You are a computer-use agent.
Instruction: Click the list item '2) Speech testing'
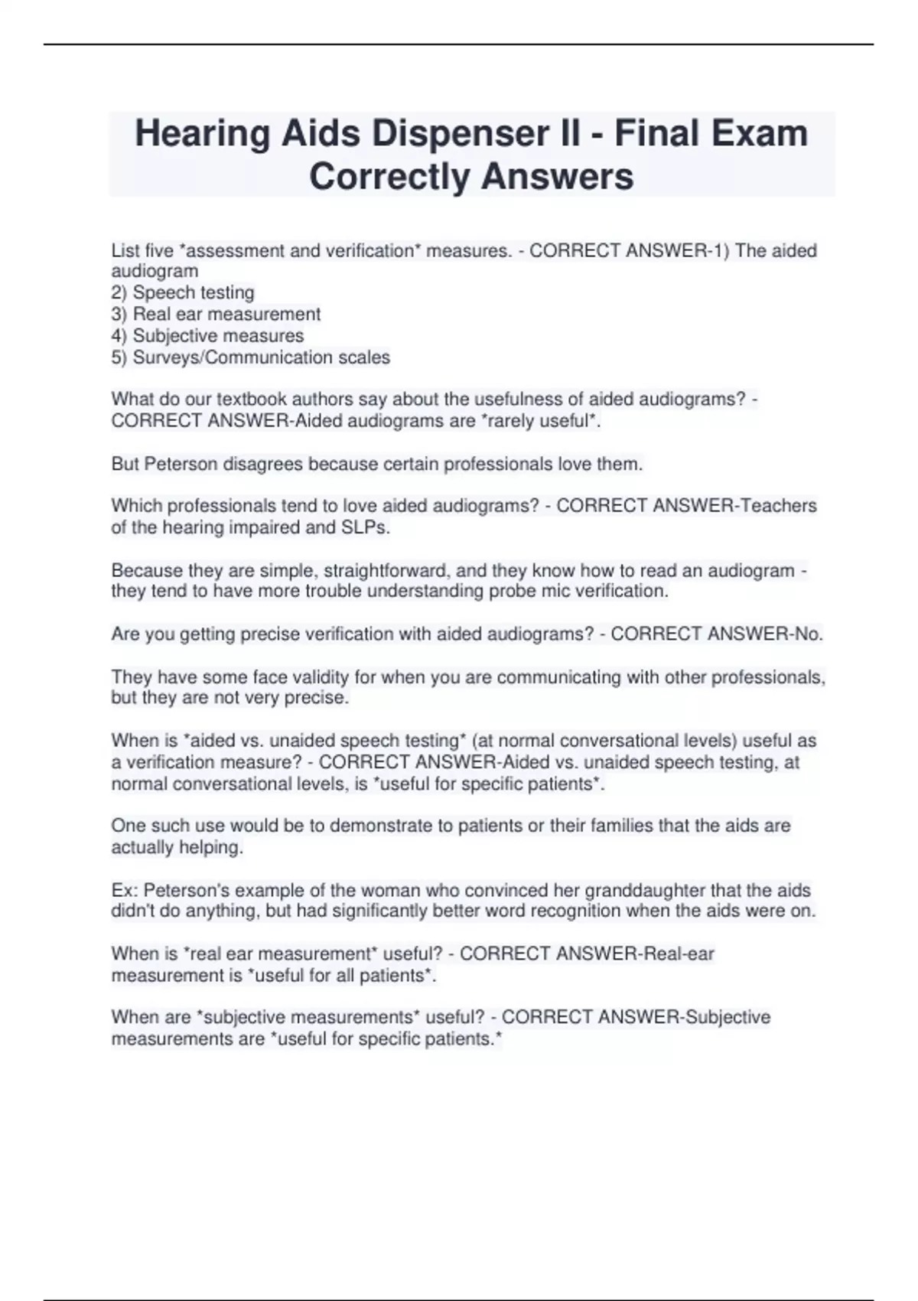point(183,292)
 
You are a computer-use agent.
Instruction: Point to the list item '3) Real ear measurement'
point(216,314)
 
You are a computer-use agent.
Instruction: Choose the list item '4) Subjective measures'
point(207,335)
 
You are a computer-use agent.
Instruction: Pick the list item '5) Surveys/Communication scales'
point(251,357)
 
